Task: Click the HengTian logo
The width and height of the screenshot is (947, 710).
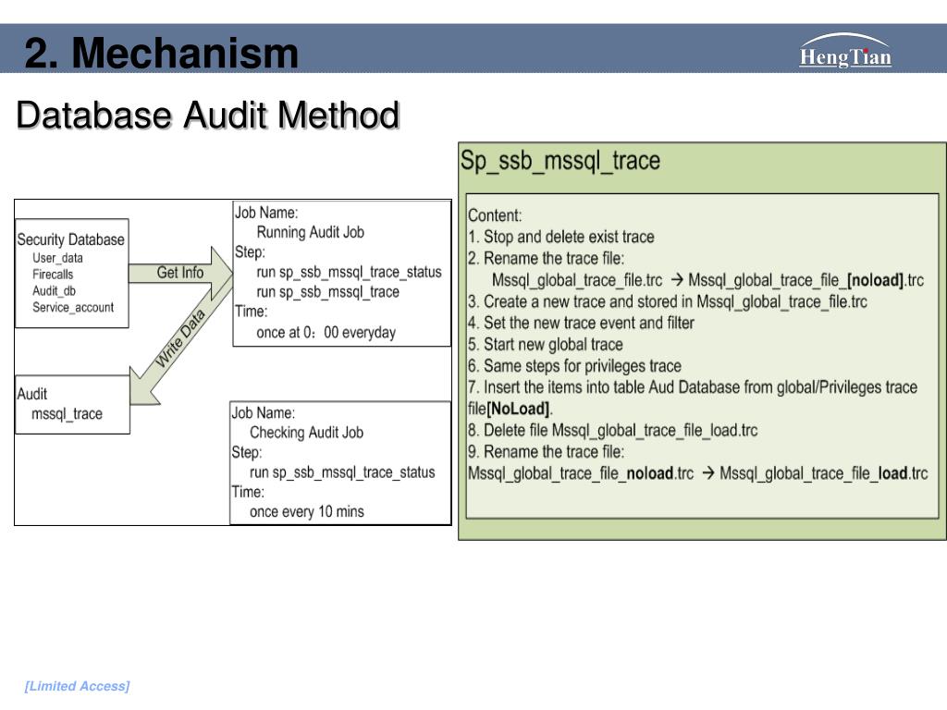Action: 845,51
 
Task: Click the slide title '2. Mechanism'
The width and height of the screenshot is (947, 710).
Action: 161,53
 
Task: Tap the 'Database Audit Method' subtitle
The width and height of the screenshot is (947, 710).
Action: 208,115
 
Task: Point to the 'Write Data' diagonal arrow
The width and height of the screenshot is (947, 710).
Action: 181,338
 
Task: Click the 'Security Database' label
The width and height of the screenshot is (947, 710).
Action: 70,239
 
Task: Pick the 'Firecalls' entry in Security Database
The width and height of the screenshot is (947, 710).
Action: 53,274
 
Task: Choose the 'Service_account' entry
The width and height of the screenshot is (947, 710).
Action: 73,307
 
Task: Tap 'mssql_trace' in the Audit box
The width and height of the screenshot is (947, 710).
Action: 67,414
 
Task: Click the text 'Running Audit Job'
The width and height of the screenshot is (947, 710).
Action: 311,232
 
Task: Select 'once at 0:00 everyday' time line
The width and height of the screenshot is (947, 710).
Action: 326,333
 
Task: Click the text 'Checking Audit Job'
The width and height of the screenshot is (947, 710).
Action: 307,433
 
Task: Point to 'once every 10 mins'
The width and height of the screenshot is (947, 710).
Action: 307,512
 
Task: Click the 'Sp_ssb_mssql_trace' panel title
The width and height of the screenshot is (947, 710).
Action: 560,161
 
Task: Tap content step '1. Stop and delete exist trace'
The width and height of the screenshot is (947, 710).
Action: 561,237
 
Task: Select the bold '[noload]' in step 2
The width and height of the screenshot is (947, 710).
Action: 875,280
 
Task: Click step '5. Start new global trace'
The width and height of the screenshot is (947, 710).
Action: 546,345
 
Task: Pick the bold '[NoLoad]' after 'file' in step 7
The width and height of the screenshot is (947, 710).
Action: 518,409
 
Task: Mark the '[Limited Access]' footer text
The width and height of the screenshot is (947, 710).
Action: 78,686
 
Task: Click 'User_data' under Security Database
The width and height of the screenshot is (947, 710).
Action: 57,258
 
